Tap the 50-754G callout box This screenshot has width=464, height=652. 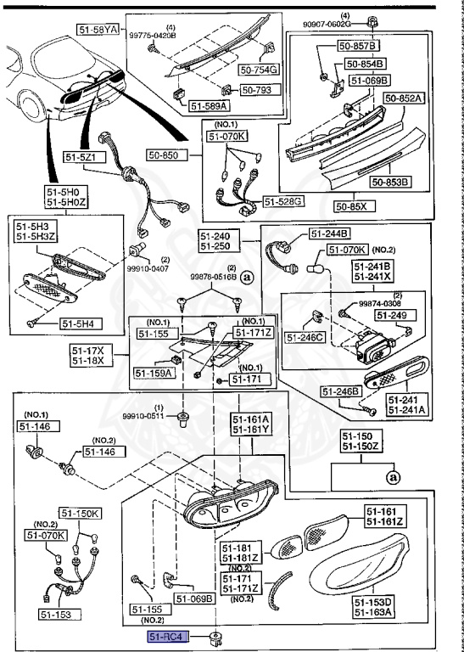260,70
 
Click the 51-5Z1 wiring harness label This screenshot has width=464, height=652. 82,156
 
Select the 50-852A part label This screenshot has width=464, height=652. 403,98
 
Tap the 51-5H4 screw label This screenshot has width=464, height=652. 79,323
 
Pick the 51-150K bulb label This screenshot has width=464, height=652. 80,513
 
